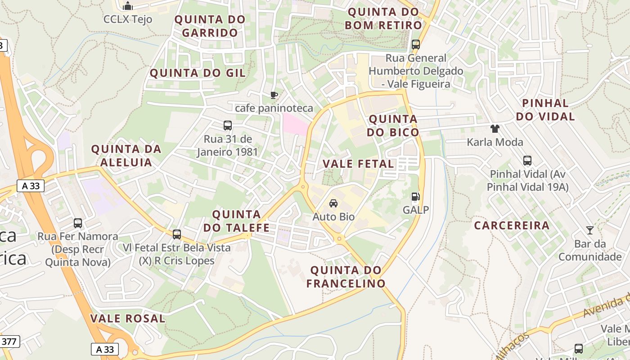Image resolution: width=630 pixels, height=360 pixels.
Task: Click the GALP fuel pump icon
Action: (415, 197)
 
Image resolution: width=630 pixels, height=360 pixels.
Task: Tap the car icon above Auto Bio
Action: (333, 203)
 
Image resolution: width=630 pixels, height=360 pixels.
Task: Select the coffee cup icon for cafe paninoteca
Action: (274, 94)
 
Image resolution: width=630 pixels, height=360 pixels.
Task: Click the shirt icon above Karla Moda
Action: (495, 129)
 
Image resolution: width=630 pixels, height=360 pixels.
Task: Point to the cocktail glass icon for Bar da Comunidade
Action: (589, 230)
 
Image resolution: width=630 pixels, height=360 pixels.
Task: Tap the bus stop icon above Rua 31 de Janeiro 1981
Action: (228, 126)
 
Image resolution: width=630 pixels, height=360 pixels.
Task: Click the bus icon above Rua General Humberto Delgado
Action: (416, 45)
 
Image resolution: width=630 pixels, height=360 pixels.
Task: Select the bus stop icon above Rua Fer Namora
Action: (78, 223)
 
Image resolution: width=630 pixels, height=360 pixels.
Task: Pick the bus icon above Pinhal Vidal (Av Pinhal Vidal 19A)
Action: (527, 161)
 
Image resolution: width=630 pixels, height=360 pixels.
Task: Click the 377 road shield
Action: (9, 342)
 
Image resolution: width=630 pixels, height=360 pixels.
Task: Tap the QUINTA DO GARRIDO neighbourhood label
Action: (210, 26)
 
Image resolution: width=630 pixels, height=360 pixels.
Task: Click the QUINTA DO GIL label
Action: (198, 73)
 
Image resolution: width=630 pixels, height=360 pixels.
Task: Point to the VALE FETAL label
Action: (358, 164)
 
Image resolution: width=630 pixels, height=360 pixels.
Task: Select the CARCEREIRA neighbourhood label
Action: (512, 225)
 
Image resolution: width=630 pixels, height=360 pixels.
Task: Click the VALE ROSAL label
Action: (128, 319)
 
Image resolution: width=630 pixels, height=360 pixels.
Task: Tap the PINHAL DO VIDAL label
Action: (545, 110)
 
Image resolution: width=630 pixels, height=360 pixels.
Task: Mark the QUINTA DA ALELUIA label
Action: (126, 155)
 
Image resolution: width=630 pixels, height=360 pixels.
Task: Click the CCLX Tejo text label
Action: (128, 19)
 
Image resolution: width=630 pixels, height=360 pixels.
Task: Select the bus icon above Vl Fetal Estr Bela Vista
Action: (177, 234)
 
